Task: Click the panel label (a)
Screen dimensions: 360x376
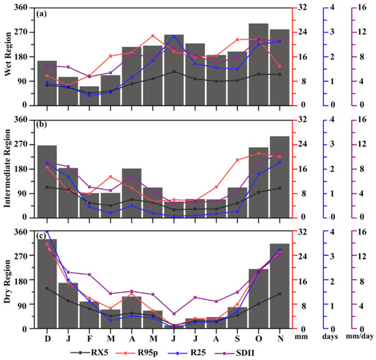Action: [x=42, y=14]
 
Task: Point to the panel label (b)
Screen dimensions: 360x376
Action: [x=42, y=126]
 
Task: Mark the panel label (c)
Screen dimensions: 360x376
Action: [x=42, y=237]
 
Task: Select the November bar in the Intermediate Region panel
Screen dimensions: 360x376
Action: [x=280, y=177]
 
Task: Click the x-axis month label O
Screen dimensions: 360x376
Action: [x=258, y=337]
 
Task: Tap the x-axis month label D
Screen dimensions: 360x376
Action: [x=47, y=337]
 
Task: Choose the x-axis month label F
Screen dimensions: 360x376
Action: [x=90, y=337]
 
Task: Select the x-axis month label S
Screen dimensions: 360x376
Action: [x=237, y=337]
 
